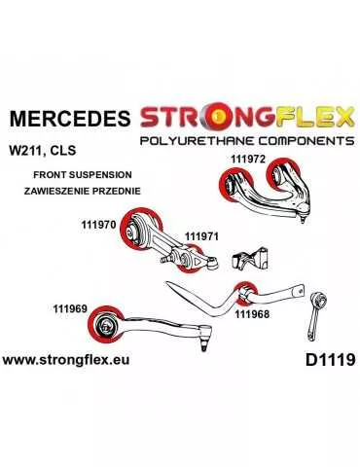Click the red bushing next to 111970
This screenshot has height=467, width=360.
133,234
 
